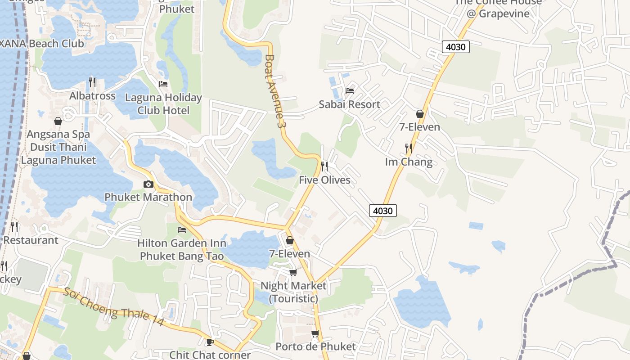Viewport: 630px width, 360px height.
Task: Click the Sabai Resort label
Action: [x=349, y=104]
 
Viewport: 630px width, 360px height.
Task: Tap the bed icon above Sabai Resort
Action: [x=349, y=91]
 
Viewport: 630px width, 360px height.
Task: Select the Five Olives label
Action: [x=324, y=180]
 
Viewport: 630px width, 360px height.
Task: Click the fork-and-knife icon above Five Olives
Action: [x=324, y=166]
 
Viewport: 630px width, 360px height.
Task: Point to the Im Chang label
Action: [x=409, y=162]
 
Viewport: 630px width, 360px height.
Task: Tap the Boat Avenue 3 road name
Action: [x=275, y=93]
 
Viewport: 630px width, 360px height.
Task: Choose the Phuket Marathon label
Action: [x=148, y=197]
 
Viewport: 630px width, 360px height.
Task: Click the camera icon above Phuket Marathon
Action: [x=148, y=184]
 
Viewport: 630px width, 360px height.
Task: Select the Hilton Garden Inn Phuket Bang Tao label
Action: [x=182, y=250]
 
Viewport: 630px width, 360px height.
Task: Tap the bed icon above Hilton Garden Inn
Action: [x=182, y=230]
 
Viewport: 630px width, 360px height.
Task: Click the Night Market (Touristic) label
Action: [x=293, y=292]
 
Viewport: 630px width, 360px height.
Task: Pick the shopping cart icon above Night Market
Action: [x=293, y=272]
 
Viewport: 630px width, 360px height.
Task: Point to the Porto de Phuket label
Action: [x=315, y=346]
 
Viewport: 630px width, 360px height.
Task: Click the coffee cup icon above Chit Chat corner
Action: [x=210, y=342]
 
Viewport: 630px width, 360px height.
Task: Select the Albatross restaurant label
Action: [x=92, y=96]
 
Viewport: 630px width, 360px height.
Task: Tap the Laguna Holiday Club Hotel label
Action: [x=163, y=104]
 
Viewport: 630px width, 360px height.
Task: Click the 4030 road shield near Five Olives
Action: [x=383, y=210]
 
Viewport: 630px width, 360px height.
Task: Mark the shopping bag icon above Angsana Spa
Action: [x=58, y=121]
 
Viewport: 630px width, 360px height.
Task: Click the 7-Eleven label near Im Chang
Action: [x=419, y=127]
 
